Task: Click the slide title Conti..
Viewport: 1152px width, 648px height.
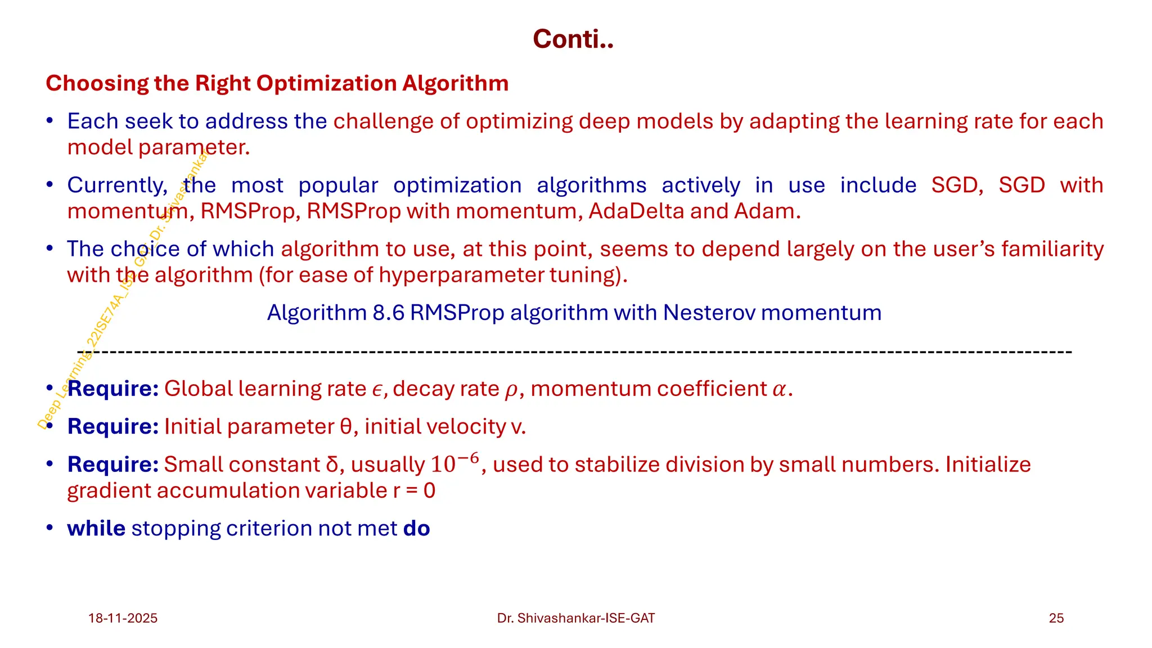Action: (573, 39)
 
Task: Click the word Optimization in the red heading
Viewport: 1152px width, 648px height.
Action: (326, 83)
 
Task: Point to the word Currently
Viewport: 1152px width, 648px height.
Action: (117, 185)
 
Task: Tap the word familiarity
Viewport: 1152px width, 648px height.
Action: (1052, 249)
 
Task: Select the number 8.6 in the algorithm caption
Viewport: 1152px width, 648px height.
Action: (388, 313)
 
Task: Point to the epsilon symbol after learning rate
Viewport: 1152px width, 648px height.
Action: (377, 390)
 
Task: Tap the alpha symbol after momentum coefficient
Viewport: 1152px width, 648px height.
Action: (779, 390)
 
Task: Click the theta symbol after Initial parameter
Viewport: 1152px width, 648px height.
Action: (346, 427)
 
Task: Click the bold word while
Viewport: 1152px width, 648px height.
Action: (96, 529)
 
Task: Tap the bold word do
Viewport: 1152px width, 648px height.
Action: (416, 529)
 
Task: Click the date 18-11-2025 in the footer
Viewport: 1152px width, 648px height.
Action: (123, 618)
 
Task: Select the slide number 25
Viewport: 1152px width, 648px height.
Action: (1056, 618)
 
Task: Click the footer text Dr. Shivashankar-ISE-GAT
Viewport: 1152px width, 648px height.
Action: (575, 618)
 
